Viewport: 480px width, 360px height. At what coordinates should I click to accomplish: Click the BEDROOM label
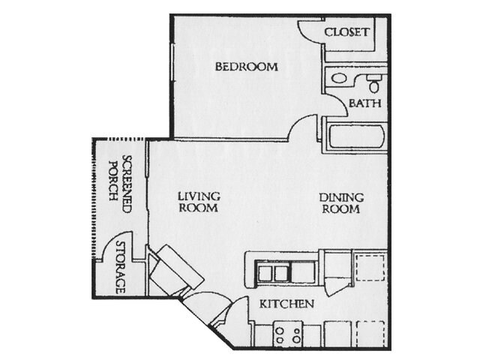[247, 67]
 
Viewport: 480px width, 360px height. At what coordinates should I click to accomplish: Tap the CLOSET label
[346, 32]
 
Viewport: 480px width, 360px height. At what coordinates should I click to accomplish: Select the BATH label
[365, 103]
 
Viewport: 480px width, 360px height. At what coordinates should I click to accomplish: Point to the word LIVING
[199, 196]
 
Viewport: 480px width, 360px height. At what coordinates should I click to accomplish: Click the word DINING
[341, 197]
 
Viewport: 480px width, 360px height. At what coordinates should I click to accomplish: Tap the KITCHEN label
[286, 304]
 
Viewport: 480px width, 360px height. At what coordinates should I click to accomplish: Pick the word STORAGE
[121, 267]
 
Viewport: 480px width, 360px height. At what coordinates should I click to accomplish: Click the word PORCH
[113, 181]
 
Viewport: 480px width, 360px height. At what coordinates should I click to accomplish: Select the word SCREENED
[127, 184]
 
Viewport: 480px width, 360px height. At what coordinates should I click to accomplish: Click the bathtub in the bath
[356, 136]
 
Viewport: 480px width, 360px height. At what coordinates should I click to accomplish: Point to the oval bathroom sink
[339, 78]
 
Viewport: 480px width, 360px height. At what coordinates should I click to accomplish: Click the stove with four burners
[288, 334]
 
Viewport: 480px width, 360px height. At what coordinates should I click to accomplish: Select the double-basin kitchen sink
[273, 273]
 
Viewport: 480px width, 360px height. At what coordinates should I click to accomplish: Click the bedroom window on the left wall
[172, 62]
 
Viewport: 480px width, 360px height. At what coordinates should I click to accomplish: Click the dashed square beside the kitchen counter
[370, 268]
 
